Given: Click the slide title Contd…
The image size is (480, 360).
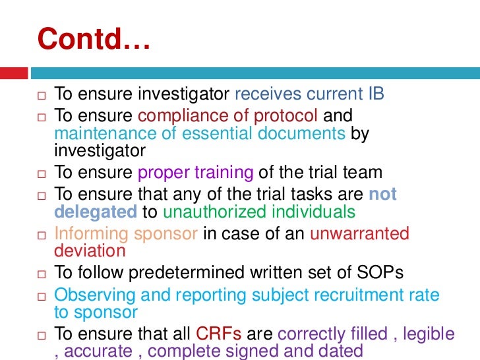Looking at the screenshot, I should click(x=95, y=40).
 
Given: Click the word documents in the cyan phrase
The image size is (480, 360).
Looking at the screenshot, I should click(x=299, y=134).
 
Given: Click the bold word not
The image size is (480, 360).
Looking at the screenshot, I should click(x=382, y=195).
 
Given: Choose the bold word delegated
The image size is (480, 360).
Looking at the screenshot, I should click(x=95, y=212).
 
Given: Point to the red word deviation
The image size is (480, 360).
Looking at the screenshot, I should click(x=90, y=251).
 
